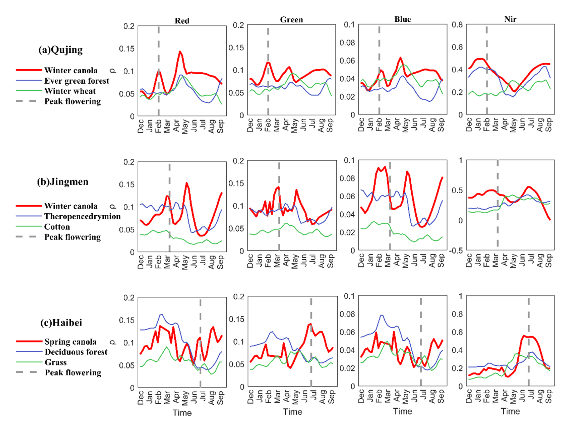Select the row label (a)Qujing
(60, 50)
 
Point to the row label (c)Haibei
(61, 322)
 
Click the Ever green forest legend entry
(77, 81)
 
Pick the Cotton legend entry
(57, 227)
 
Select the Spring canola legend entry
(70, 342)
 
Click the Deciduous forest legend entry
(76, 352)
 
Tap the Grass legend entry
(56, 362)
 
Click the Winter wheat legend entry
(70, 91)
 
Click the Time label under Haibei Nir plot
(510, 411)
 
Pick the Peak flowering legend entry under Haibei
(73, 373)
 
